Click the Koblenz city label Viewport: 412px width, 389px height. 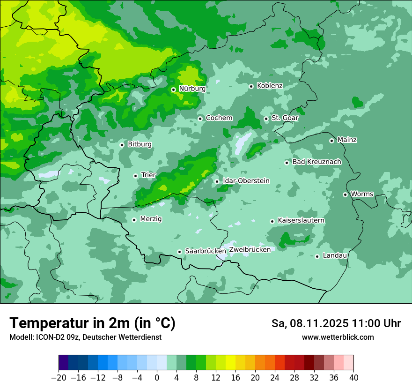pos(270,86)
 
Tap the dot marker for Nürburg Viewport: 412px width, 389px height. pos(173,90)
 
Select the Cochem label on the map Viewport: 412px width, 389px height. pos(219,118)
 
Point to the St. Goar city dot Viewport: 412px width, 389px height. pos(266,119)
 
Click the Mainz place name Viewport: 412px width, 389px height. pos(347,140)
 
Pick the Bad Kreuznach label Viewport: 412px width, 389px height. pos(316,162)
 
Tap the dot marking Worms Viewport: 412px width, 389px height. pos(345,194)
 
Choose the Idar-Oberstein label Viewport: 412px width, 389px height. pos(246,181)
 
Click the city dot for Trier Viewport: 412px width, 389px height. pos(135,176)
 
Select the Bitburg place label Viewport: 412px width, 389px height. pos(140,144)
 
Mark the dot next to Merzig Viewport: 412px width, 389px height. pos(134,220)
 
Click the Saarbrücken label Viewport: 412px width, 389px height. pos(206,251)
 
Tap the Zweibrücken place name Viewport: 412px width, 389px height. pos(250,250)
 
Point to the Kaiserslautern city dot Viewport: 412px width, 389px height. pos(272,221)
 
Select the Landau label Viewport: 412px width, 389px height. pos(335,256)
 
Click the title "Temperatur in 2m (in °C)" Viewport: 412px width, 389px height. pos(92,323)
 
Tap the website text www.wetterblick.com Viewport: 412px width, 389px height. pos(338,337)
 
